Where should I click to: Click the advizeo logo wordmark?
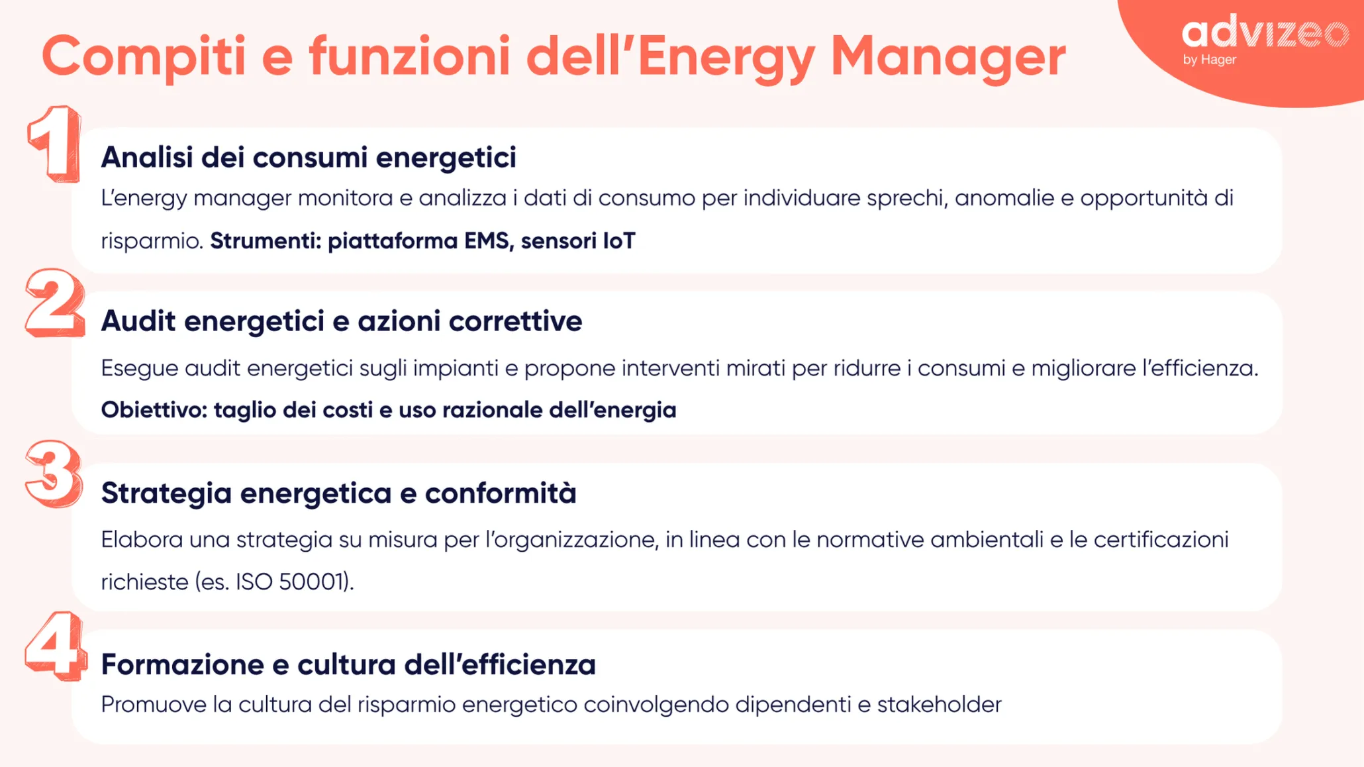pos(1265,32)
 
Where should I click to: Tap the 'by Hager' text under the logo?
pos(1210,60)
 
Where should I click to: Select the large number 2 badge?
pos(55,303)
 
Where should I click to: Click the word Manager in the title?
pos(948,57)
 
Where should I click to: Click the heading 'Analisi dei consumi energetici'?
pos(309,158)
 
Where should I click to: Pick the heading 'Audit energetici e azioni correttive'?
pos(342,321)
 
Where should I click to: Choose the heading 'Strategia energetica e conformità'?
pos(338,493)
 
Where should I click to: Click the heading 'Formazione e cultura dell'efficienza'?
pos(348,664)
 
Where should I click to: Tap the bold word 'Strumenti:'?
pos(266,241)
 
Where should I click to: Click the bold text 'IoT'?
pos(618,241)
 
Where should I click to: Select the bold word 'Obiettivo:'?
pos(154,410)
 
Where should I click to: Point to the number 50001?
pos(312,582)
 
